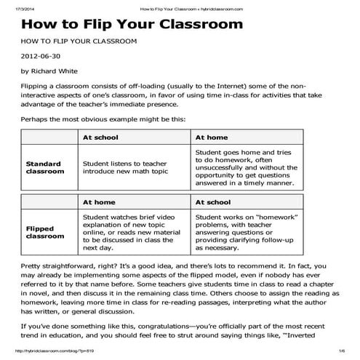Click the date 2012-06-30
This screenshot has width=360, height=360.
coord(41,55)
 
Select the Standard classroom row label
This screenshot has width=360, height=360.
coord(44,168)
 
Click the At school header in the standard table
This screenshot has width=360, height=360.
coord(101,137)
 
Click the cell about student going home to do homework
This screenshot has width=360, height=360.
coord(243,167)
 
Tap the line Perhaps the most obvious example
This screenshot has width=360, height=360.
coord(103,119)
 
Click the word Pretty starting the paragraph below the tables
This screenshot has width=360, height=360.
coord(33,267)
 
